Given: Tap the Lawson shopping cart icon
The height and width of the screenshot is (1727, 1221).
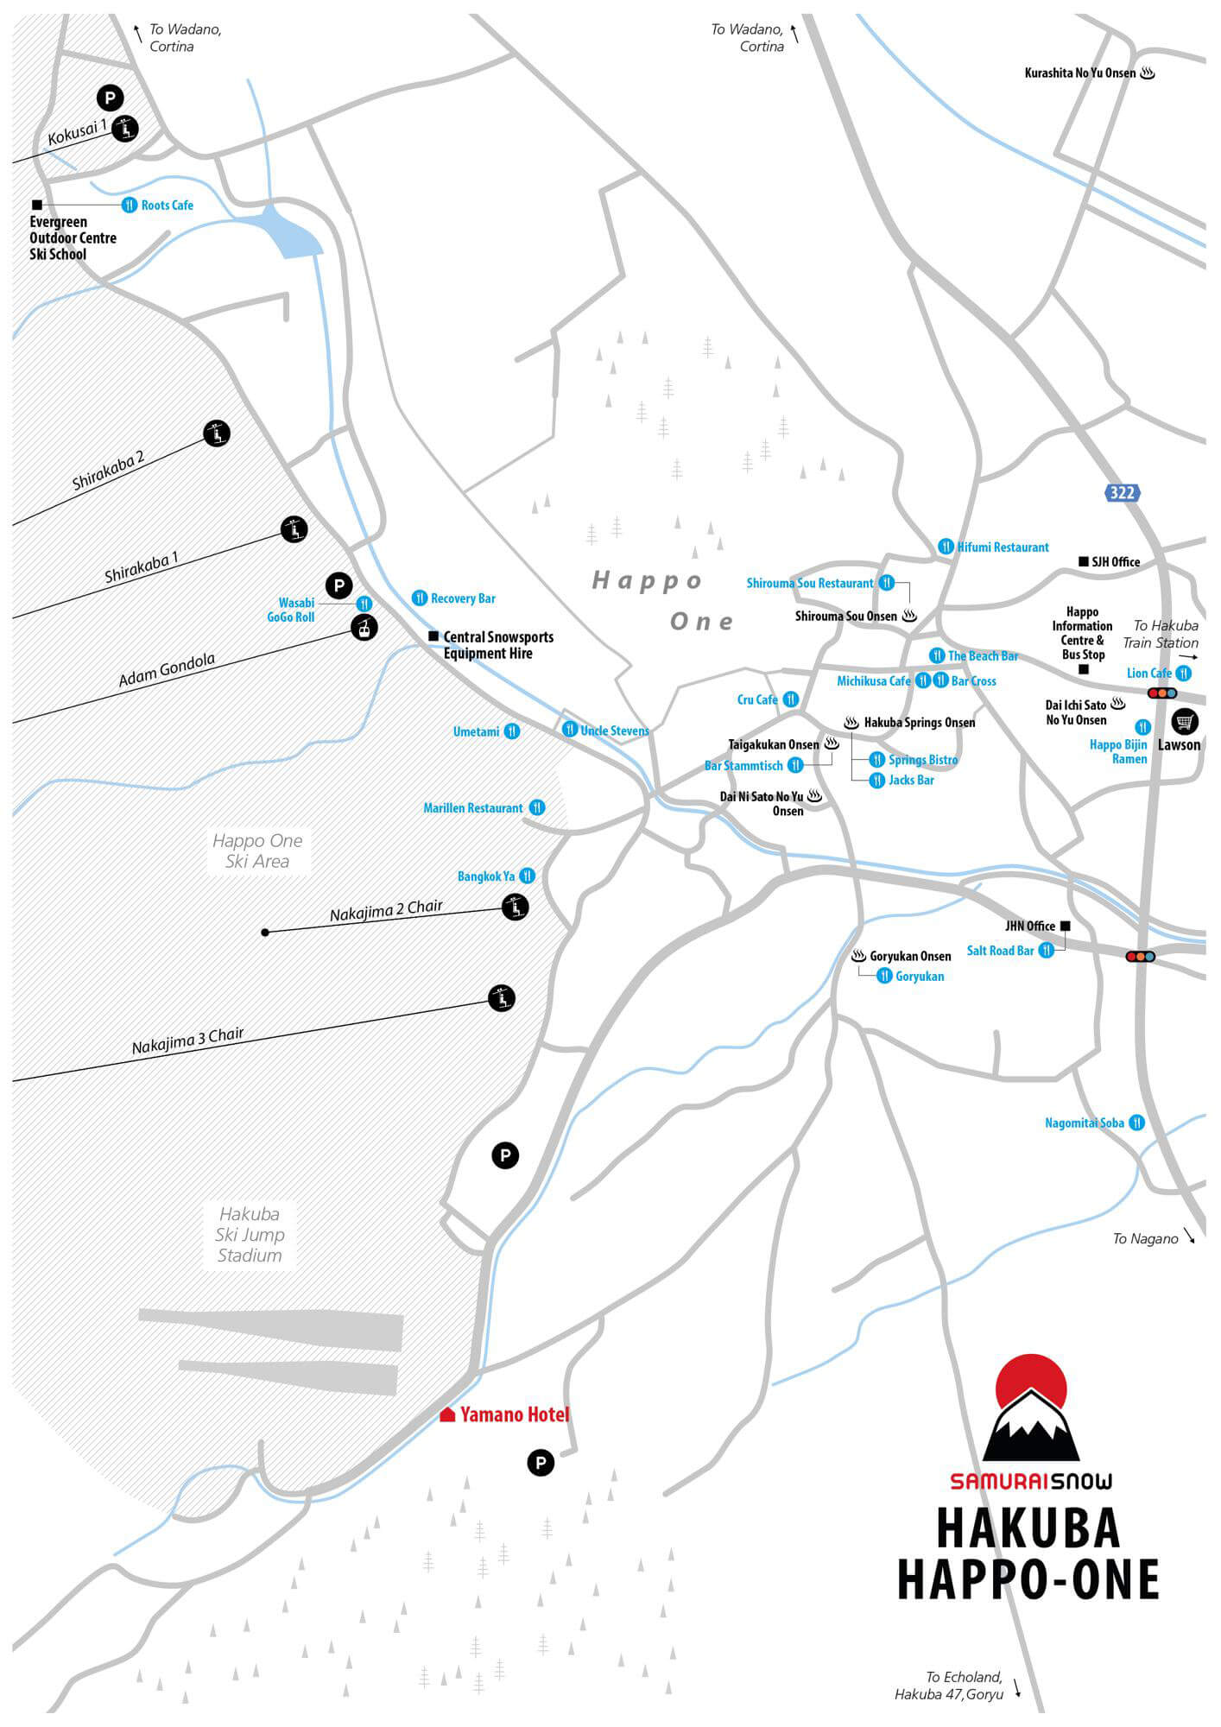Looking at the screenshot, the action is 1185,720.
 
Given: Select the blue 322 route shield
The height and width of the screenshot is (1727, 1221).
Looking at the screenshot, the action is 1122,492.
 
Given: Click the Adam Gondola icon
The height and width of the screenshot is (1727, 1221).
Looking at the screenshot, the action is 364,627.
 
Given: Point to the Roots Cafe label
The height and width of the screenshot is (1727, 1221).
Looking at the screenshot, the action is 168,205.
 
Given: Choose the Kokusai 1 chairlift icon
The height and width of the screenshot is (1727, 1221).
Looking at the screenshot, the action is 126,130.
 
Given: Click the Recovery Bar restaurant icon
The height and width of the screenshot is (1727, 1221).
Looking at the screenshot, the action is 420,598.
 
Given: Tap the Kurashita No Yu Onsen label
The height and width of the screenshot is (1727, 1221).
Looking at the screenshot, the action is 1080,73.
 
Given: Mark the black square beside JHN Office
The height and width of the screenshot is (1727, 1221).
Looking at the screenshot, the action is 1066,926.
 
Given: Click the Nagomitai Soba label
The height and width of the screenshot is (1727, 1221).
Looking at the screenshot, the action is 1085,1123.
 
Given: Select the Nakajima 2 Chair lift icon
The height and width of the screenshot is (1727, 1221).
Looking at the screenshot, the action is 515,907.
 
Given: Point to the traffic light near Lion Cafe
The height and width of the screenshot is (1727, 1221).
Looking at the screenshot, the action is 1162,693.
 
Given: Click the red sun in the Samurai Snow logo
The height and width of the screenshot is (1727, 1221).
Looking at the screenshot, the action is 1032,1387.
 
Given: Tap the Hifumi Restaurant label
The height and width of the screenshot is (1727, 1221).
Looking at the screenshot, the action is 1003,547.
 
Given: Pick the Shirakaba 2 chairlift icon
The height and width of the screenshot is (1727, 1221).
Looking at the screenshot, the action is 217,433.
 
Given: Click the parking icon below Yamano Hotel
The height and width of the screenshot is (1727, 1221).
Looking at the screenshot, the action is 541,1463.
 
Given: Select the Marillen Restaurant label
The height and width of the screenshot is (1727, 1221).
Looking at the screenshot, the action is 473,808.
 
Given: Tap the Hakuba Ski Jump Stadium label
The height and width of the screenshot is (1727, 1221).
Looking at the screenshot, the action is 250,1235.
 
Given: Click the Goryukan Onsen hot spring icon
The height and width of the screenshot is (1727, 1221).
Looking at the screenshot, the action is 858,956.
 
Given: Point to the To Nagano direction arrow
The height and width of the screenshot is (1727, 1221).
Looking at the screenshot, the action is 1189,1235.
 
